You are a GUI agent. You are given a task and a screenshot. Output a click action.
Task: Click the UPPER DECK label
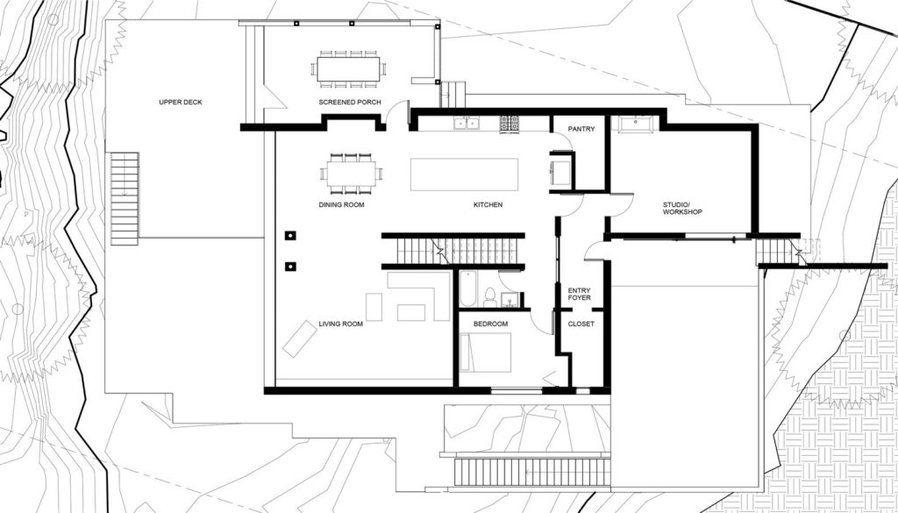coord(181,103)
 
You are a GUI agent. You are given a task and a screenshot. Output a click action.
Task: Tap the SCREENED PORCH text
coord(350,103)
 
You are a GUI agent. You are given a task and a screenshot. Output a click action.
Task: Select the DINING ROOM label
coord(341,205)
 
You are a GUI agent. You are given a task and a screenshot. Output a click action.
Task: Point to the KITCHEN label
coord(488,205)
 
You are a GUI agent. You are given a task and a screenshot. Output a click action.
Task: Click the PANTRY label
coord(581,130)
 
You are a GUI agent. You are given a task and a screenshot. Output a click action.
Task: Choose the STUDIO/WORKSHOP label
coord(682,209)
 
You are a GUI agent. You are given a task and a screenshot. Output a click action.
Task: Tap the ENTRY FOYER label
coord(579,295)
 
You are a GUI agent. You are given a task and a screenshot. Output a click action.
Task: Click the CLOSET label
coord(581,324)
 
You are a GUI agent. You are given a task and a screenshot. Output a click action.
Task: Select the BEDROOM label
coord(490,324)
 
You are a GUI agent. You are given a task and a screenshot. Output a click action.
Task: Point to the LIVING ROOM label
coord(341,324)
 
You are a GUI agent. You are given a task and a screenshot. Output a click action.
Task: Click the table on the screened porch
coord(349,69)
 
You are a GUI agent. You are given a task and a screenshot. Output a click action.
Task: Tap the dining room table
coord(352,174)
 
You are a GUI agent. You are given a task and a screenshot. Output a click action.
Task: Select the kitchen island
coord(465,175)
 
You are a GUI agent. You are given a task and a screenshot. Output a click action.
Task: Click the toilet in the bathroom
coord(490,298)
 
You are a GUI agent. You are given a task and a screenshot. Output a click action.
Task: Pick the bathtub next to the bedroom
coord(467,289)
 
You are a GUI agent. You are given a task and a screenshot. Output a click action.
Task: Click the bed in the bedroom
coord(485,353)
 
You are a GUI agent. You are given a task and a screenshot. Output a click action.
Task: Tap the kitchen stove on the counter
coord(510,124)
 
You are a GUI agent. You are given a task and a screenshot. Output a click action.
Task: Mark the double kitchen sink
coord(467,123)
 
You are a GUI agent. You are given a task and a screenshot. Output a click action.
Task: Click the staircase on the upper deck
coord(125,198)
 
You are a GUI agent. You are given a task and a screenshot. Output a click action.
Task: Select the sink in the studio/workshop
coord(636,124)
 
